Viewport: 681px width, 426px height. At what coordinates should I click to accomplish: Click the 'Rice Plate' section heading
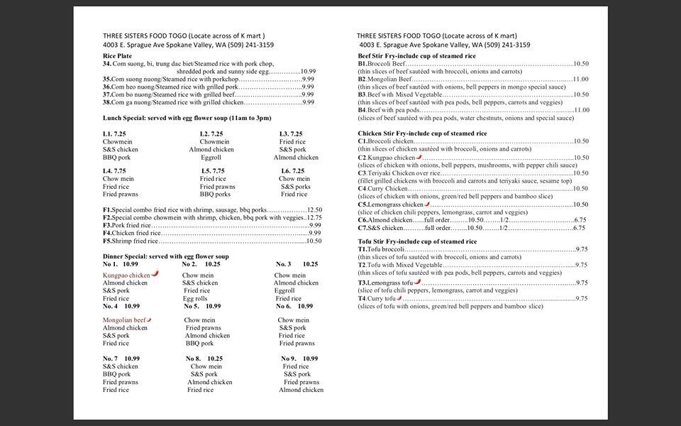point(117,55)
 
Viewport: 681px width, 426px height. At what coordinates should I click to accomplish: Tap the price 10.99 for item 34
point(308,72)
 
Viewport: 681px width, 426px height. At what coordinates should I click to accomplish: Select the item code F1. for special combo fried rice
point(107,209)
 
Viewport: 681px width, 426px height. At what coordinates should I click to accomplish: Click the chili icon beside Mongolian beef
point(149,320)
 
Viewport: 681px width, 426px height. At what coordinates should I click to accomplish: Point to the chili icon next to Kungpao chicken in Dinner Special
point(155,274)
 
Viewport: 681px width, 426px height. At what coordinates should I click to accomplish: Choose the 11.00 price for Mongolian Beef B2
point(581,80)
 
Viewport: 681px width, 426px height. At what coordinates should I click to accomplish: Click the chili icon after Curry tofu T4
point(399,298)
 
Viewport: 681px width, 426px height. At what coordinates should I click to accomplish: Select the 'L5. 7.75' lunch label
point(213,171)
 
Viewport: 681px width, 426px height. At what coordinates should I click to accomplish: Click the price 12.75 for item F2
point(314,217)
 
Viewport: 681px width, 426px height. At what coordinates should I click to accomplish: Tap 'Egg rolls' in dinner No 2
point(194,299)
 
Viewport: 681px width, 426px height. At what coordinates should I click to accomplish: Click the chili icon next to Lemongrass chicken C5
point(427,204)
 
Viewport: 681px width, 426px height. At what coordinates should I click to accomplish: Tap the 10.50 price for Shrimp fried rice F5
point(314,241)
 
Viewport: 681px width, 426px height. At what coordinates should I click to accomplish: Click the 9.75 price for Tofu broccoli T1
point(582,249)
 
